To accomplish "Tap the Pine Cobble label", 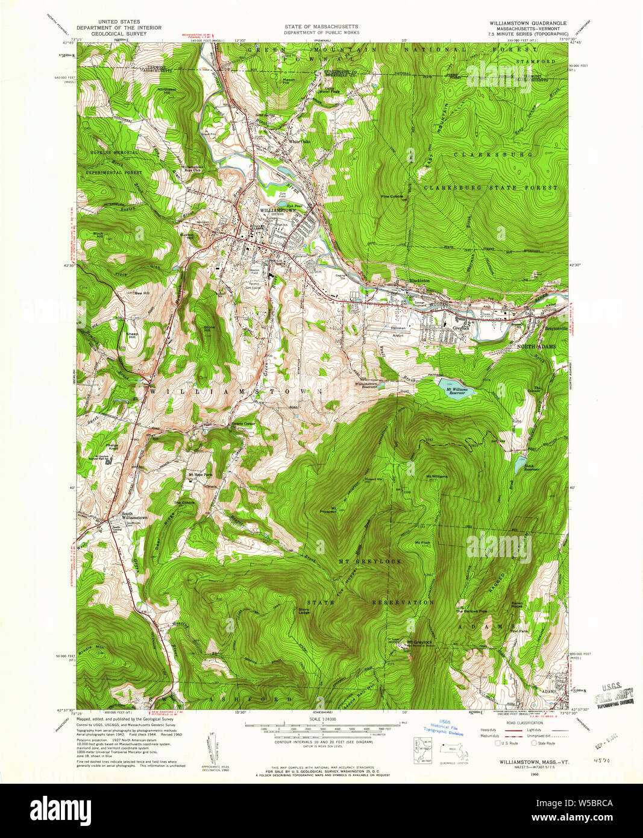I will click(x=392, y=196).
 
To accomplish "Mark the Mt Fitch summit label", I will click(x=422, y=543).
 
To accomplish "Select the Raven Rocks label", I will click(x=518, y=603).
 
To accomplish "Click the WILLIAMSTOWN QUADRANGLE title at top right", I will click(x=528, y=23).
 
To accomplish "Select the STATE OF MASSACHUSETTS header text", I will click(x=321, y=27).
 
